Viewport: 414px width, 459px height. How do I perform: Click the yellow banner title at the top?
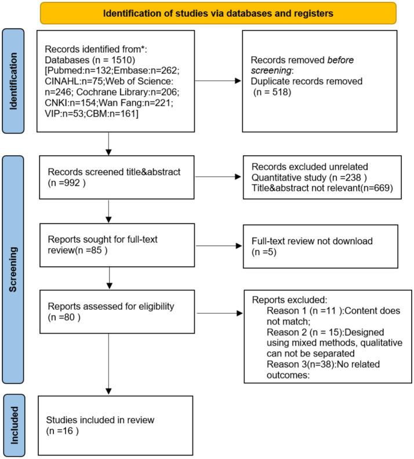coord(218,13)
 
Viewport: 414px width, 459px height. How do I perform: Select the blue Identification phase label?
coord(13,81)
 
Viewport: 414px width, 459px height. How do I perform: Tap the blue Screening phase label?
coord(13,269)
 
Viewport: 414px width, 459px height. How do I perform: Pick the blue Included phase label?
coord(14,425)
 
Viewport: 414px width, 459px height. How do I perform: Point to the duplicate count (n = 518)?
coord(272,92)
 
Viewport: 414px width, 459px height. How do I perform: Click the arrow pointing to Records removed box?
coord(218,81)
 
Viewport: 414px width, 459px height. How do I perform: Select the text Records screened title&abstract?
coord(114,172)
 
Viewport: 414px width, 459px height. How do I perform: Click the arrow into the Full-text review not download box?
coord(219,246)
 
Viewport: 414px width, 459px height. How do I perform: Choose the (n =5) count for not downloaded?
coord(264,252)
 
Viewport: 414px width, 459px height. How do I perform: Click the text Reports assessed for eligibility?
coord(111,306)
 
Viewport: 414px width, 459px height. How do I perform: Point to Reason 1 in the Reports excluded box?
coord(286,311)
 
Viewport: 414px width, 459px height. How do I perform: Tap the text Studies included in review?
coord(100,420)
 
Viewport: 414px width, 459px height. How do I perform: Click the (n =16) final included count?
coord(62,431)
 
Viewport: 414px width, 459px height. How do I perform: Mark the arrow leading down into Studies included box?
coord(108,364)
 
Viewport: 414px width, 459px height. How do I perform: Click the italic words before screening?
coord(302,65)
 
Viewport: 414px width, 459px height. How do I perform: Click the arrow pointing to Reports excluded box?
coord(220,313)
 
